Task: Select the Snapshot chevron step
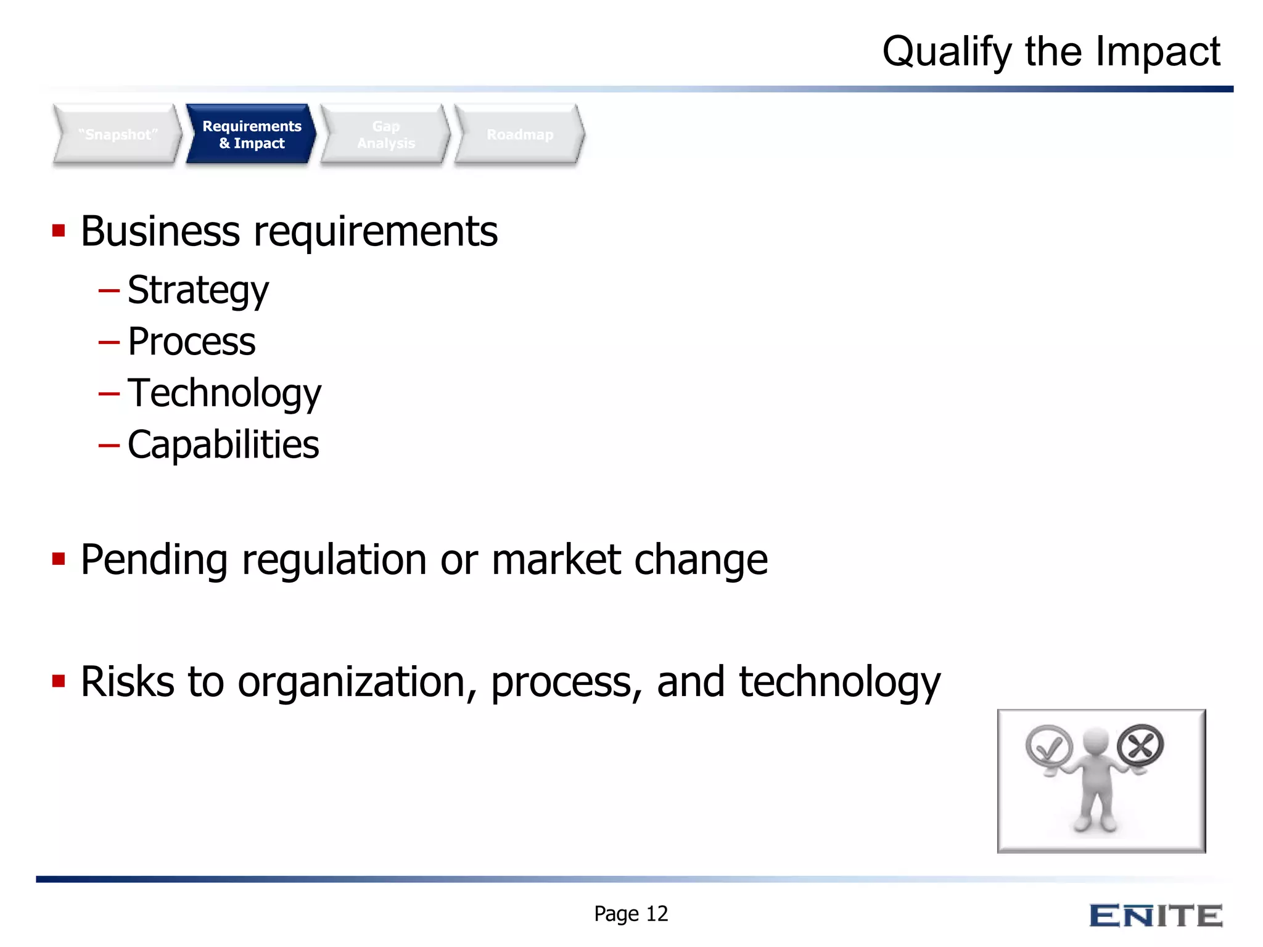click(118, 134)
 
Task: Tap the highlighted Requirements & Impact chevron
click(252, 134)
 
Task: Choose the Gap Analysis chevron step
click(386, 134)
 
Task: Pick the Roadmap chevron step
click(520, 134)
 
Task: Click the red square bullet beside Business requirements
click(59, 231)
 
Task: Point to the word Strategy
click(198, 290)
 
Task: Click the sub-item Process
click(191, 342)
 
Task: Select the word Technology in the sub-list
click(224, 393)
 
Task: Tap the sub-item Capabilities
click(223, 445)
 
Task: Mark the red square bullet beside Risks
click(59, 681)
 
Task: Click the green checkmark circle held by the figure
click(1048, 747)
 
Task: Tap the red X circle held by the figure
click(1140, 745)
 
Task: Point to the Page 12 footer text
click(630, 914)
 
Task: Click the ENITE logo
click(1156, 916)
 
